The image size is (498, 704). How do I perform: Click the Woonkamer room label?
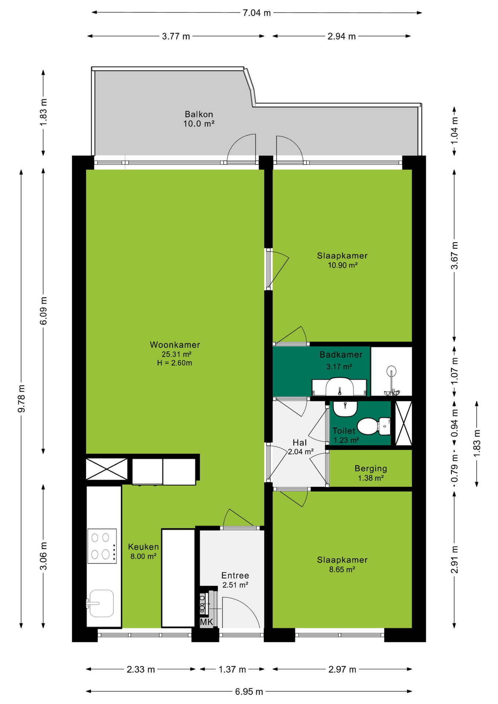tap(175, 345)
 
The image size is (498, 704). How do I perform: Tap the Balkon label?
tap(199, 114)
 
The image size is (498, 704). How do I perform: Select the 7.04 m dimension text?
tap(257, 13)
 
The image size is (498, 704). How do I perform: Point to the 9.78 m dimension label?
tap(22, 399)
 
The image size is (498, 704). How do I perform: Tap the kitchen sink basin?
tap(101, 603)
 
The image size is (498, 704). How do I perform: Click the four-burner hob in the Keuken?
tap(102, 546)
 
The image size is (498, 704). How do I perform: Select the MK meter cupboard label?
tap(206, 622)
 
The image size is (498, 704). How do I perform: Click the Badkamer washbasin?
tap(340, 387)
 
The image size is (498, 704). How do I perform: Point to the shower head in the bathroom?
tap(391, 371)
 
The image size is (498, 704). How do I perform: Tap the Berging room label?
tap(371, 468)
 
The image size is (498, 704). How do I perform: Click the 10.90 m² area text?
tap(343, 265)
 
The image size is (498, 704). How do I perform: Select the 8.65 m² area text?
tap(342, 569)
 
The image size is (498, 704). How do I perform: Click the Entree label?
tap(235, 575)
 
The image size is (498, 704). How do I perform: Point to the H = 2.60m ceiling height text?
tap(175, 363)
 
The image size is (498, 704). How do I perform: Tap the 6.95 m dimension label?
tap(249, 692)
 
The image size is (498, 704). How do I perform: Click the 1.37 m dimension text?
tap(232, 670)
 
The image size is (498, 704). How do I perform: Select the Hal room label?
tap(300, 443)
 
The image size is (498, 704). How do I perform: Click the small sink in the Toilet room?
tap(345, 408)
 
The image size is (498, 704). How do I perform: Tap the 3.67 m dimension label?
tap(454, 256)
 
